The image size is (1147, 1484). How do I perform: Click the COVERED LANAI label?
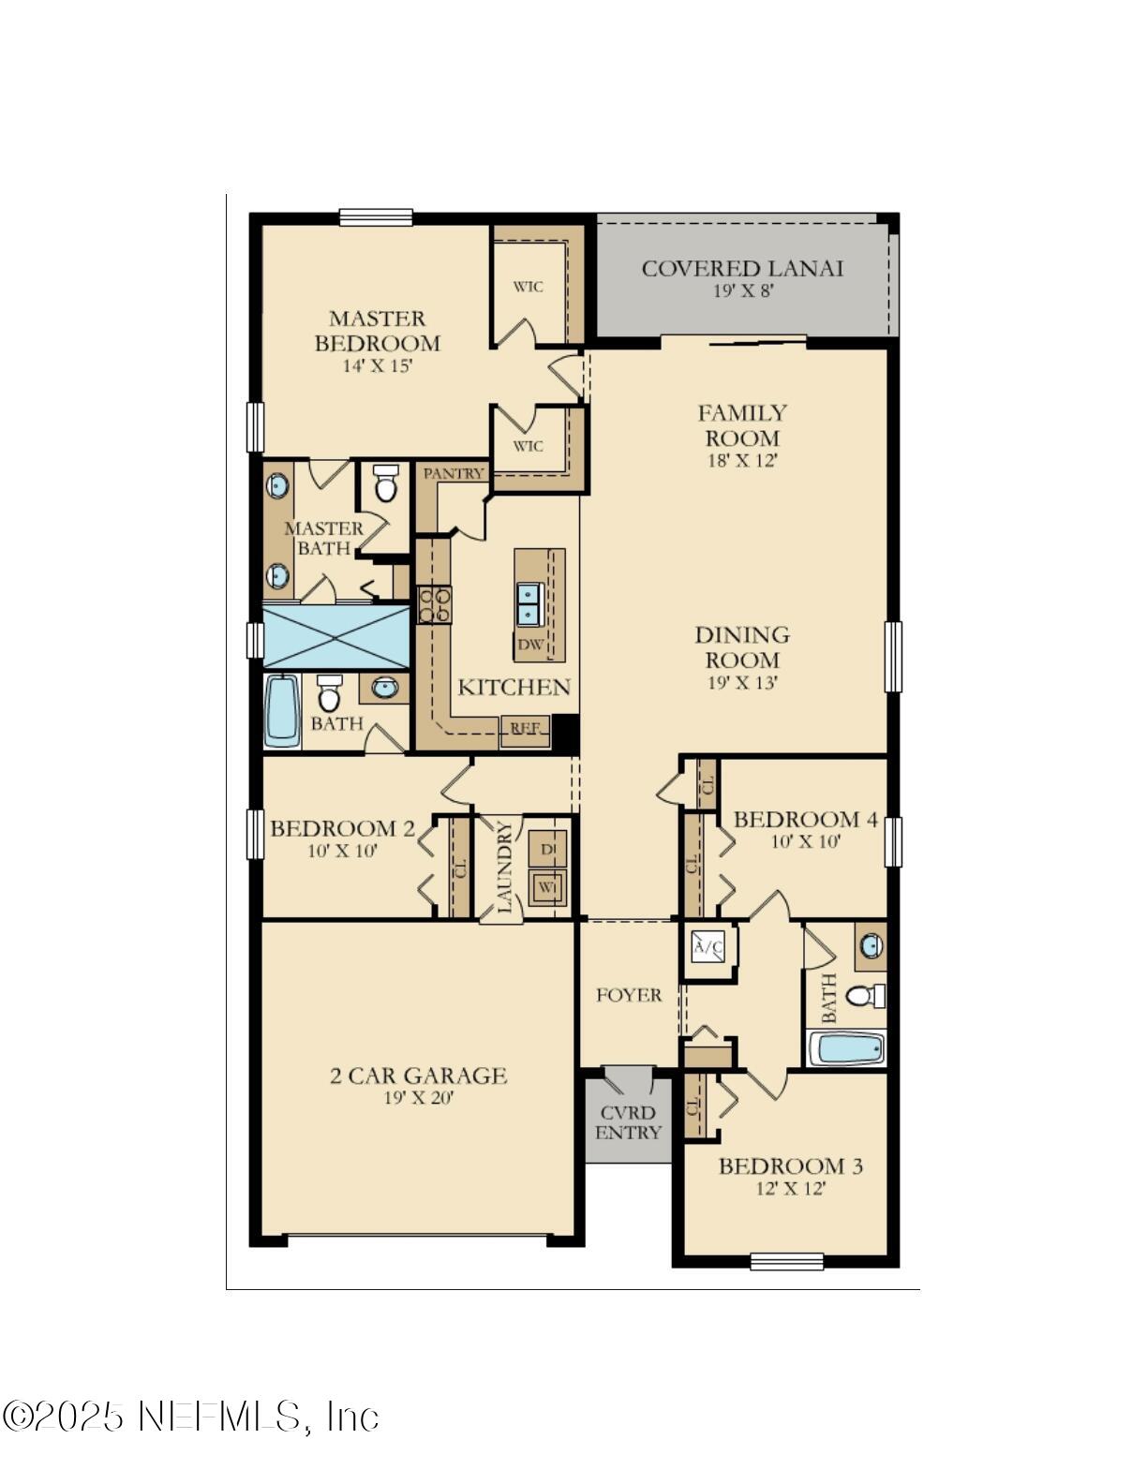pyautogui.click(x=742, y=269)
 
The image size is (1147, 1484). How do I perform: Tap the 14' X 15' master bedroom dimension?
pyautogui.click(x=377, y=366)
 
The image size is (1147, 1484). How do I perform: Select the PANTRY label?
pyautogui.click(x=454, y=474)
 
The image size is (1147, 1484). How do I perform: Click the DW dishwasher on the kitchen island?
pyautogui.click(x=530, y=645)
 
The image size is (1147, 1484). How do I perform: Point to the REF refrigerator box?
pyautogui.click(x=525, y=729)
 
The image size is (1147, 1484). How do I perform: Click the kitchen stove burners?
pyautogui.click(x=434, y=604)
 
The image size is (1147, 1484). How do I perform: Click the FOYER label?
pyautogui.click(x=629, y=995)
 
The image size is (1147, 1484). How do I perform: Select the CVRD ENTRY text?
pyautogui.click(x=628, y=1122)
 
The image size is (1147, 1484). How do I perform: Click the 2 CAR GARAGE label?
pyautogui.click(x=418, y=1076)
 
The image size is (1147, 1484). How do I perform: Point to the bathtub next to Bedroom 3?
pyautogui.click(x=846, y=1048)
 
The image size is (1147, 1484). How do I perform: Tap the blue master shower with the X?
pyautogui.click(x=336, y=636)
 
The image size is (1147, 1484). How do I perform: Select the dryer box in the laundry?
pyautogui.click(x=547, y=849)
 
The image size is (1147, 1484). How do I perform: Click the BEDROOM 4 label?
pyautogui.click(x=805, y=820)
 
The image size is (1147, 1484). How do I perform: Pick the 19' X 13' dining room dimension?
pyautogui.click(x=742, y=683)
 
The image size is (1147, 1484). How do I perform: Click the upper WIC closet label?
pyautogui.click(x=528, y=287)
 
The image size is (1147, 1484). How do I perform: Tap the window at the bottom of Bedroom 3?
pyautogui.click(x=787, y=1261)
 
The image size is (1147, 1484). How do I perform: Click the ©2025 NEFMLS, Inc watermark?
pyautogui.click(x=190, y=1416)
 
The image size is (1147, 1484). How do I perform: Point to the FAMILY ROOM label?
pyautogui.click(x=742, y=425)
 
